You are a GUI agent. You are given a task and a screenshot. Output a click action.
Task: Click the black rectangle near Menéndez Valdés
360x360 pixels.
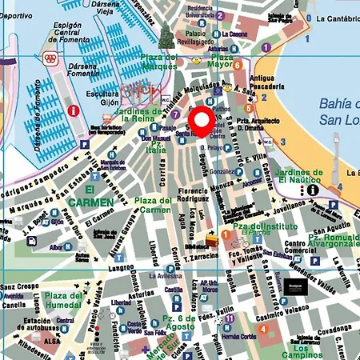(x=297, y=286)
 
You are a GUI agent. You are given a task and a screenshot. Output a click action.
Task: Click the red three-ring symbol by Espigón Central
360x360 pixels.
(x=50, y=58)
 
